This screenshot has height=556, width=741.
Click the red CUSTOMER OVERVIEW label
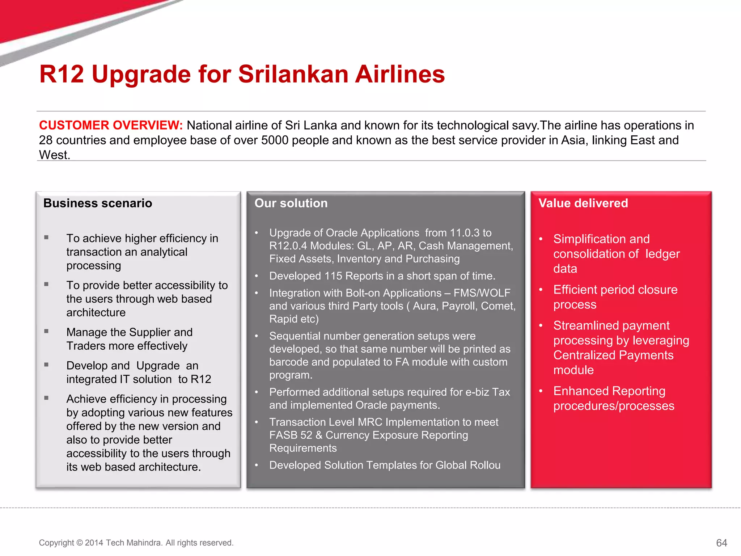pos(111,125)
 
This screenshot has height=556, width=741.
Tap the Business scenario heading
pos(98,203)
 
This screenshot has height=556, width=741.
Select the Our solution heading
pos(291,203)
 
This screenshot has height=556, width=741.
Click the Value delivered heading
pos(583,203)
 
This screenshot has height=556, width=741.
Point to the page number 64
pos(721,543)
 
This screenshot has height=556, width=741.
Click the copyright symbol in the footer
pos(80,543)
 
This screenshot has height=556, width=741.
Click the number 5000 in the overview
pos(275,140)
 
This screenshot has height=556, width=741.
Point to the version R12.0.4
pos(288,246)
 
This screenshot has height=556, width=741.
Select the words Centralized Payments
pos(613,355)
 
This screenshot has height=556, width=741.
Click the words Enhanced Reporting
pos(609,391)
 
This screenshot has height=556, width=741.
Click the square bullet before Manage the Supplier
pos(46,331)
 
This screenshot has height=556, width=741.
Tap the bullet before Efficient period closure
pos(541,290)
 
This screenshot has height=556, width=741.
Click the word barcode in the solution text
pos(289,362)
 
